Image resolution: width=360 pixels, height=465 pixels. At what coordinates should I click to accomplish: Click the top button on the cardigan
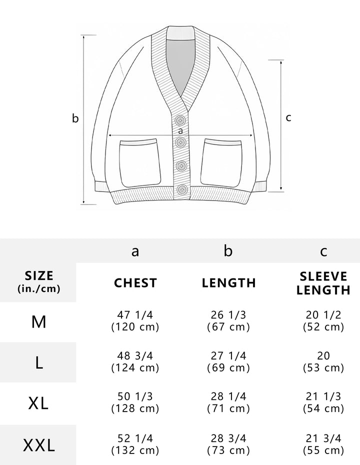(x=180, y=120)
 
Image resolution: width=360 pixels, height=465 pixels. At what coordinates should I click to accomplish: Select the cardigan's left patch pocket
(x=140, y=162)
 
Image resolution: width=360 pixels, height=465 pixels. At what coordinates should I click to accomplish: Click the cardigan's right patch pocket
(x=221, y=162)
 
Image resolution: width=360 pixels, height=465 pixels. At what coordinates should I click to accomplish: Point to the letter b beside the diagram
(x=75, y=118)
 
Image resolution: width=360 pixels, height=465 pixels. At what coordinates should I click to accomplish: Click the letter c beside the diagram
(x=288, y=117)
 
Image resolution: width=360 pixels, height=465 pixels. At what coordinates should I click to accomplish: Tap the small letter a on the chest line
(x=180, y=131)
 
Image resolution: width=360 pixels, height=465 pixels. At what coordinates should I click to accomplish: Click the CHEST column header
(x=135, y=282)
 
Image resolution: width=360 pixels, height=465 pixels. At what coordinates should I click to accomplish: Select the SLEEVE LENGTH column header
(x=323, y=283)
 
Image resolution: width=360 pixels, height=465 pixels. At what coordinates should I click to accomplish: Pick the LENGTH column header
(x=229, y=282)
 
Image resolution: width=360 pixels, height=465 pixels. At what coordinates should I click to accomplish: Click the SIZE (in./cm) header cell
(x=39, y=281)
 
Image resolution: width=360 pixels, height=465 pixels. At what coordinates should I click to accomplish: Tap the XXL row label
(x=39, y=445)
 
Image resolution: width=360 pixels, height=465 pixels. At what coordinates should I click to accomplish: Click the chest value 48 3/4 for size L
(x=135, y=355)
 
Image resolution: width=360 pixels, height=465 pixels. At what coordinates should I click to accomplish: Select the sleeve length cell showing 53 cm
(x=323, y=367)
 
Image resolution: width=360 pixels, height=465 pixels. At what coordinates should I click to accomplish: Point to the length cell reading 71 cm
(x=228, y=408)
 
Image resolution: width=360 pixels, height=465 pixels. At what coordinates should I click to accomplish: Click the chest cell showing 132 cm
(x=135, y=450)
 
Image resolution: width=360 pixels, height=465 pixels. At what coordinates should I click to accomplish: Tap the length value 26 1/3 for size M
(x=228, y=314)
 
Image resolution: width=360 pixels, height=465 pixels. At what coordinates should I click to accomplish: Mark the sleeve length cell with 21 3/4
(x=323, y=438)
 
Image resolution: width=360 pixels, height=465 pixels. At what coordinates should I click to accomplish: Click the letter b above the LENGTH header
(x=228, y=250)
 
